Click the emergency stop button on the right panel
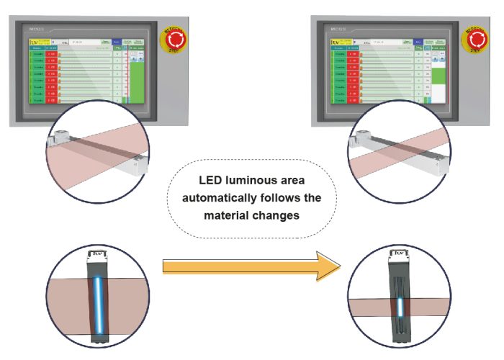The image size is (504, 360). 475,40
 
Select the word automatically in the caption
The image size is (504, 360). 219,197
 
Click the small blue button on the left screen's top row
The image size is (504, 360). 117,43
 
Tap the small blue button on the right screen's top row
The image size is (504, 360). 419,42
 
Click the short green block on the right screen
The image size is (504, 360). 436,76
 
